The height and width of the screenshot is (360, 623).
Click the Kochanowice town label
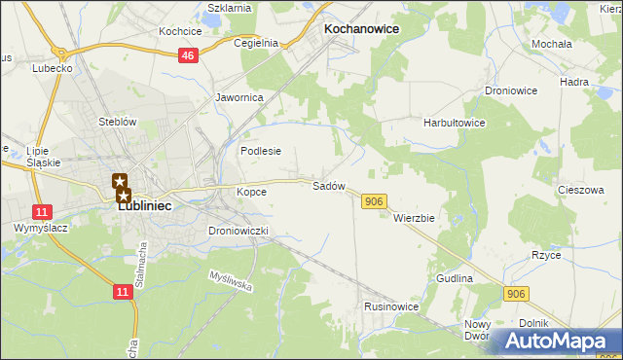360,29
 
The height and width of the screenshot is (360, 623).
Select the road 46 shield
189,57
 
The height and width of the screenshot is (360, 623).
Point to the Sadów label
329,185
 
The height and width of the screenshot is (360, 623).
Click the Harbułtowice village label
454,124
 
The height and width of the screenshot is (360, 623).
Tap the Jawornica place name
240,98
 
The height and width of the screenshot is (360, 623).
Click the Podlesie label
261,151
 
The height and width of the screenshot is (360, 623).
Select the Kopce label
251,192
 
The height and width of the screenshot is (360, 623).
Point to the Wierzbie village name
414,218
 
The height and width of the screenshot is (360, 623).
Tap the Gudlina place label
454,278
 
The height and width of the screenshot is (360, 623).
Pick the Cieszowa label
581,191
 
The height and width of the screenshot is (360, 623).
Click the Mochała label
551,45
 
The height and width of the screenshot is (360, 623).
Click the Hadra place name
575,82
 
